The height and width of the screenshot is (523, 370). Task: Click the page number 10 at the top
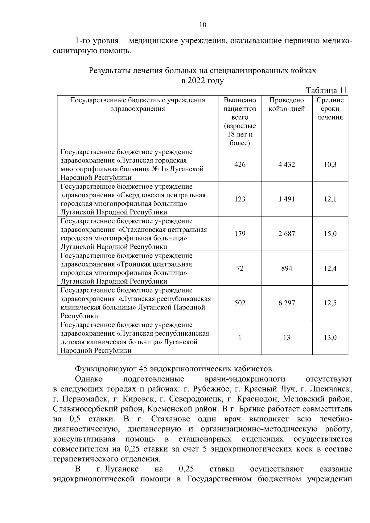pyautogui.click(x=203, y=25)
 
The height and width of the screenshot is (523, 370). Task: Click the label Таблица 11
pyautogui.click(x=327, y=90)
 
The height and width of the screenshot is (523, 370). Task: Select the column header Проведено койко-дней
pyautogui.click(x=286, y=104)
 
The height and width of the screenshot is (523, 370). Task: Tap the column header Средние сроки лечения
pyautogui.click(x=330, y=109)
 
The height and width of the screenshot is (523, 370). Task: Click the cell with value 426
pyautogui.click(x=240, y=165)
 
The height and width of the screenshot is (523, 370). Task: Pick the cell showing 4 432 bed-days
pyautogui.click(x=286, y=165)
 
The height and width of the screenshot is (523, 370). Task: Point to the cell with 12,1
pyautogui.click(x=330, y=199)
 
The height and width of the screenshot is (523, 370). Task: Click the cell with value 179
pyautogui.click(x=240, y=234)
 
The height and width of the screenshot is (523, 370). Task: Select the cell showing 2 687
pyautogui.click(x=286, y=234)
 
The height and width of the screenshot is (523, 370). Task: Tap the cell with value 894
pyautogui.click(x=286, y=268)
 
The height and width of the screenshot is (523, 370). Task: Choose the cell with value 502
pyautogui.click(x=240, y=303)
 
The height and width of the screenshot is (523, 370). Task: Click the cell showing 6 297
pyautogui.click(x=286, y=303)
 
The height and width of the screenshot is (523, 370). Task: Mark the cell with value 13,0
pyautogui.click(x=330, y=337)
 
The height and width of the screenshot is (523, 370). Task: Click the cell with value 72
pyautogui.click(x=240, y=268)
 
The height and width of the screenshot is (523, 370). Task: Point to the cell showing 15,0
pyautogui.click(x=330, y=234)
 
